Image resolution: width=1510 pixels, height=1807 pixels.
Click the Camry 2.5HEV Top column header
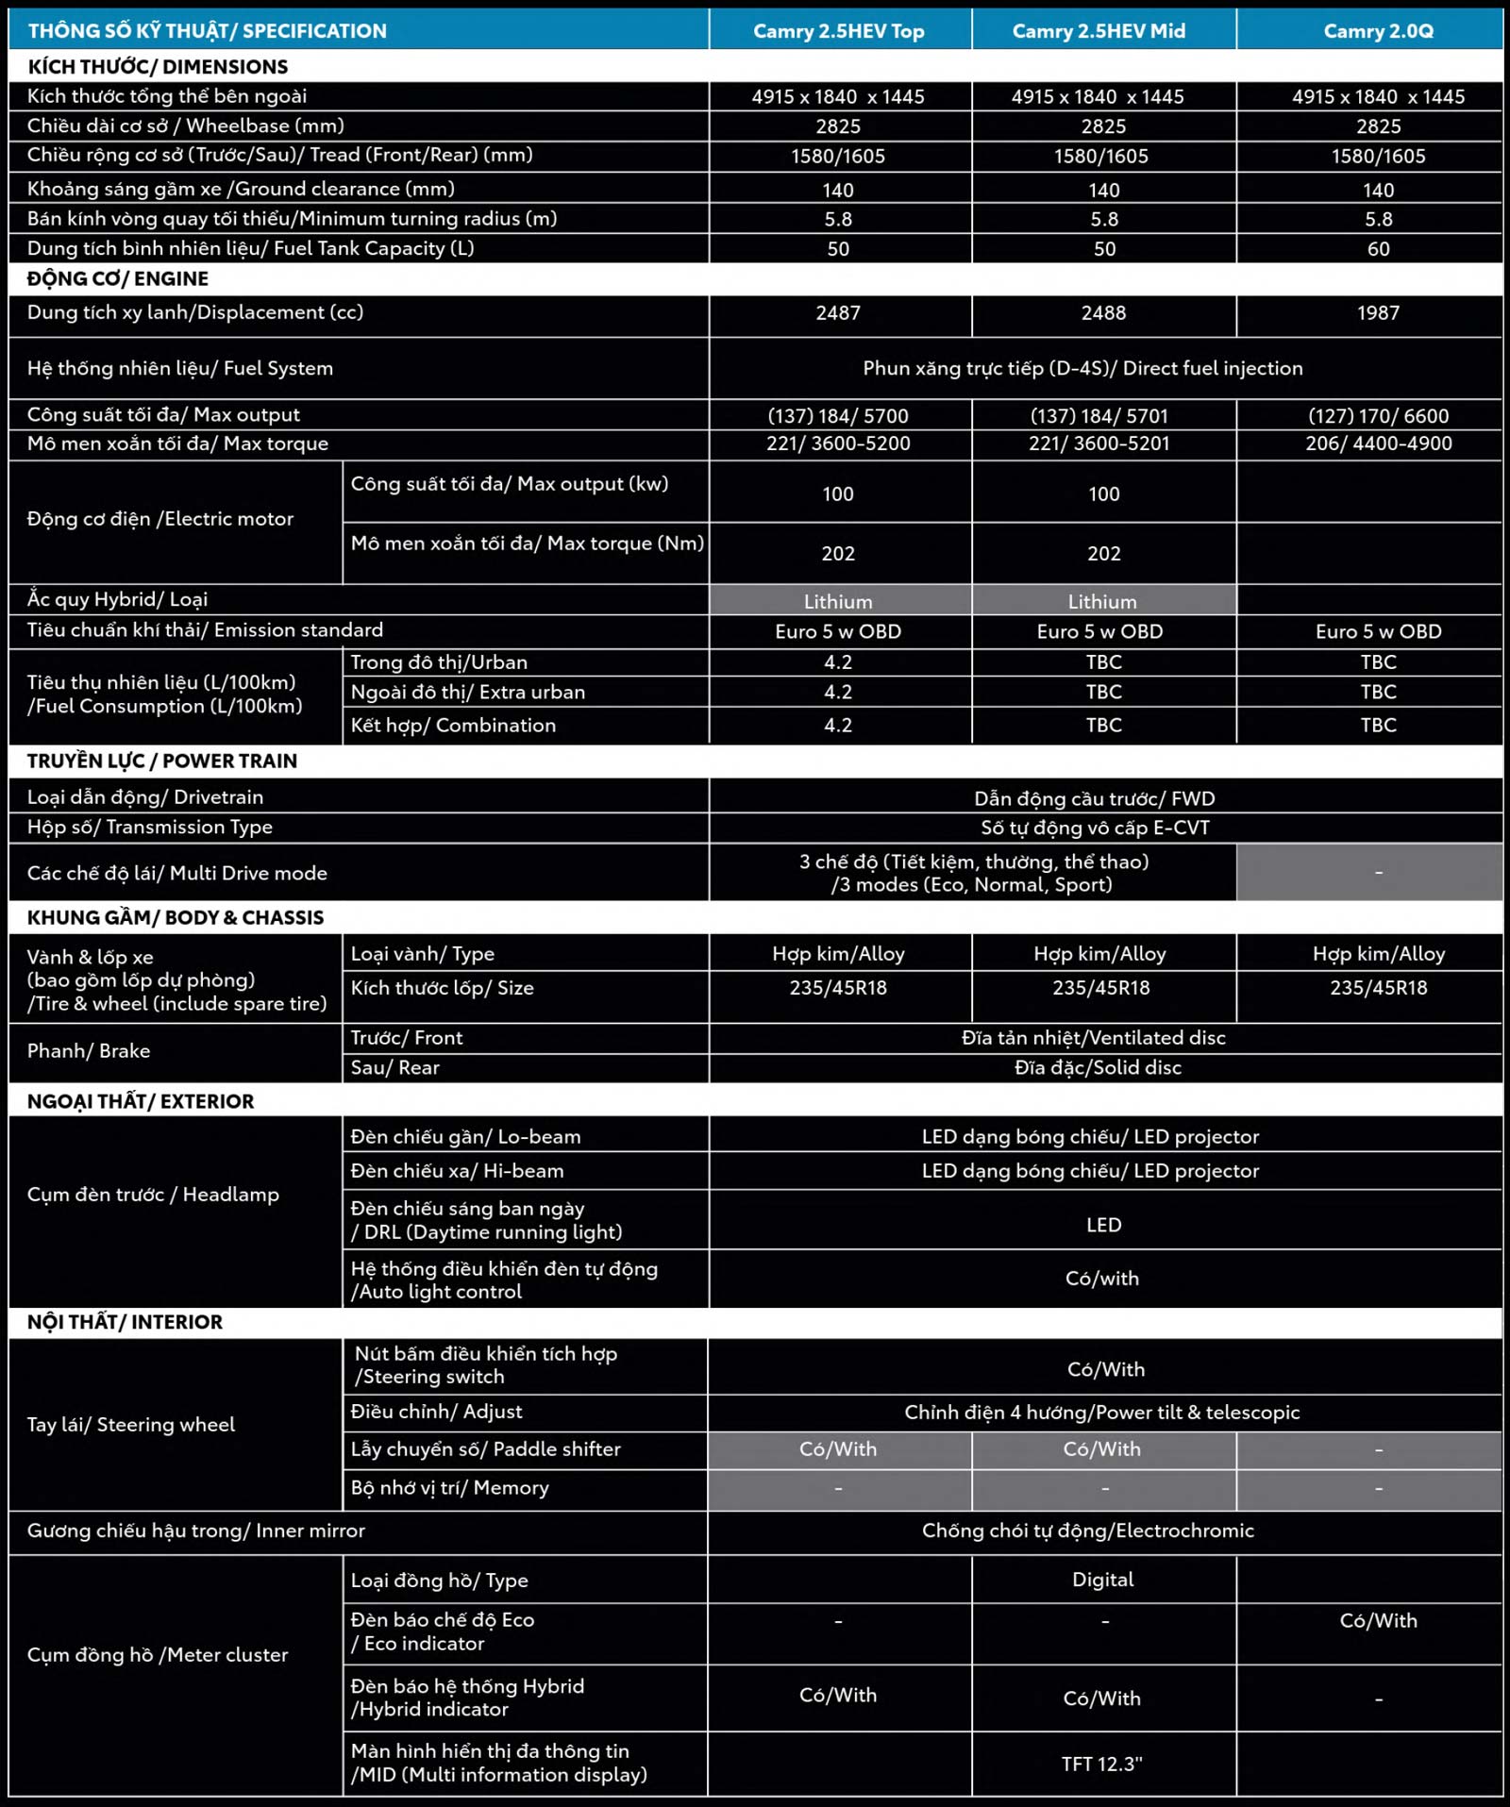point(838,31)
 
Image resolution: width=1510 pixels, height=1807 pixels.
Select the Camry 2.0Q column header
point(1378,31)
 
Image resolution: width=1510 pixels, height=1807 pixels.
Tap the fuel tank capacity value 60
point(1378,249)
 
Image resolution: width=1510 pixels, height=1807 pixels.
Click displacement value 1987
point(1378,313)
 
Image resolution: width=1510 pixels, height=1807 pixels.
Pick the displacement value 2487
point(838,313)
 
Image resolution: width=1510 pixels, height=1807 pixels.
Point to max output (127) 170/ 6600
point(1378,416)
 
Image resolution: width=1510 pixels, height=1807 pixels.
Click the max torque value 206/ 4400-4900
point(1378,443)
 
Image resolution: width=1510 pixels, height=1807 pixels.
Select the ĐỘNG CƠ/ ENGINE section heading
point(118,279)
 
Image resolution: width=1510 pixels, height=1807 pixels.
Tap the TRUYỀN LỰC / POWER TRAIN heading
point(162,761)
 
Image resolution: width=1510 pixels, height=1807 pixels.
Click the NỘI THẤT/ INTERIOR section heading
point(125,1322)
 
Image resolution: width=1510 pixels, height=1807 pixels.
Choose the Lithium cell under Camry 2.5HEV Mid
point(1102,602)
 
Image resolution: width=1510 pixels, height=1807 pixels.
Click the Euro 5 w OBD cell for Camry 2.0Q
point(1378,632)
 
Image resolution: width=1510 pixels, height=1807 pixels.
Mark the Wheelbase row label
point(186,126)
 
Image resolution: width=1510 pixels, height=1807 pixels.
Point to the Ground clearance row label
point(241,189)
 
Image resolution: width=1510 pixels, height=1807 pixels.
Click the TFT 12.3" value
point(1101,1765)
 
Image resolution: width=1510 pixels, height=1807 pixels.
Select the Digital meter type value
point(1102,1580)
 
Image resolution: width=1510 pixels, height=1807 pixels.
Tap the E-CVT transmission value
point(1095,828)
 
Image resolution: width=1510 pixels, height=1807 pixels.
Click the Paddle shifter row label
point(485,1449)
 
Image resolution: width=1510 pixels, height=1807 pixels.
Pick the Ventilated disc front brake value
point(1093,1038)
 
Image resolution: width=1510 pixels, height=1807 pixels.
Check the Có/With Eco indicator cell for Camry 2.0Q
point(1378,1621)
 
